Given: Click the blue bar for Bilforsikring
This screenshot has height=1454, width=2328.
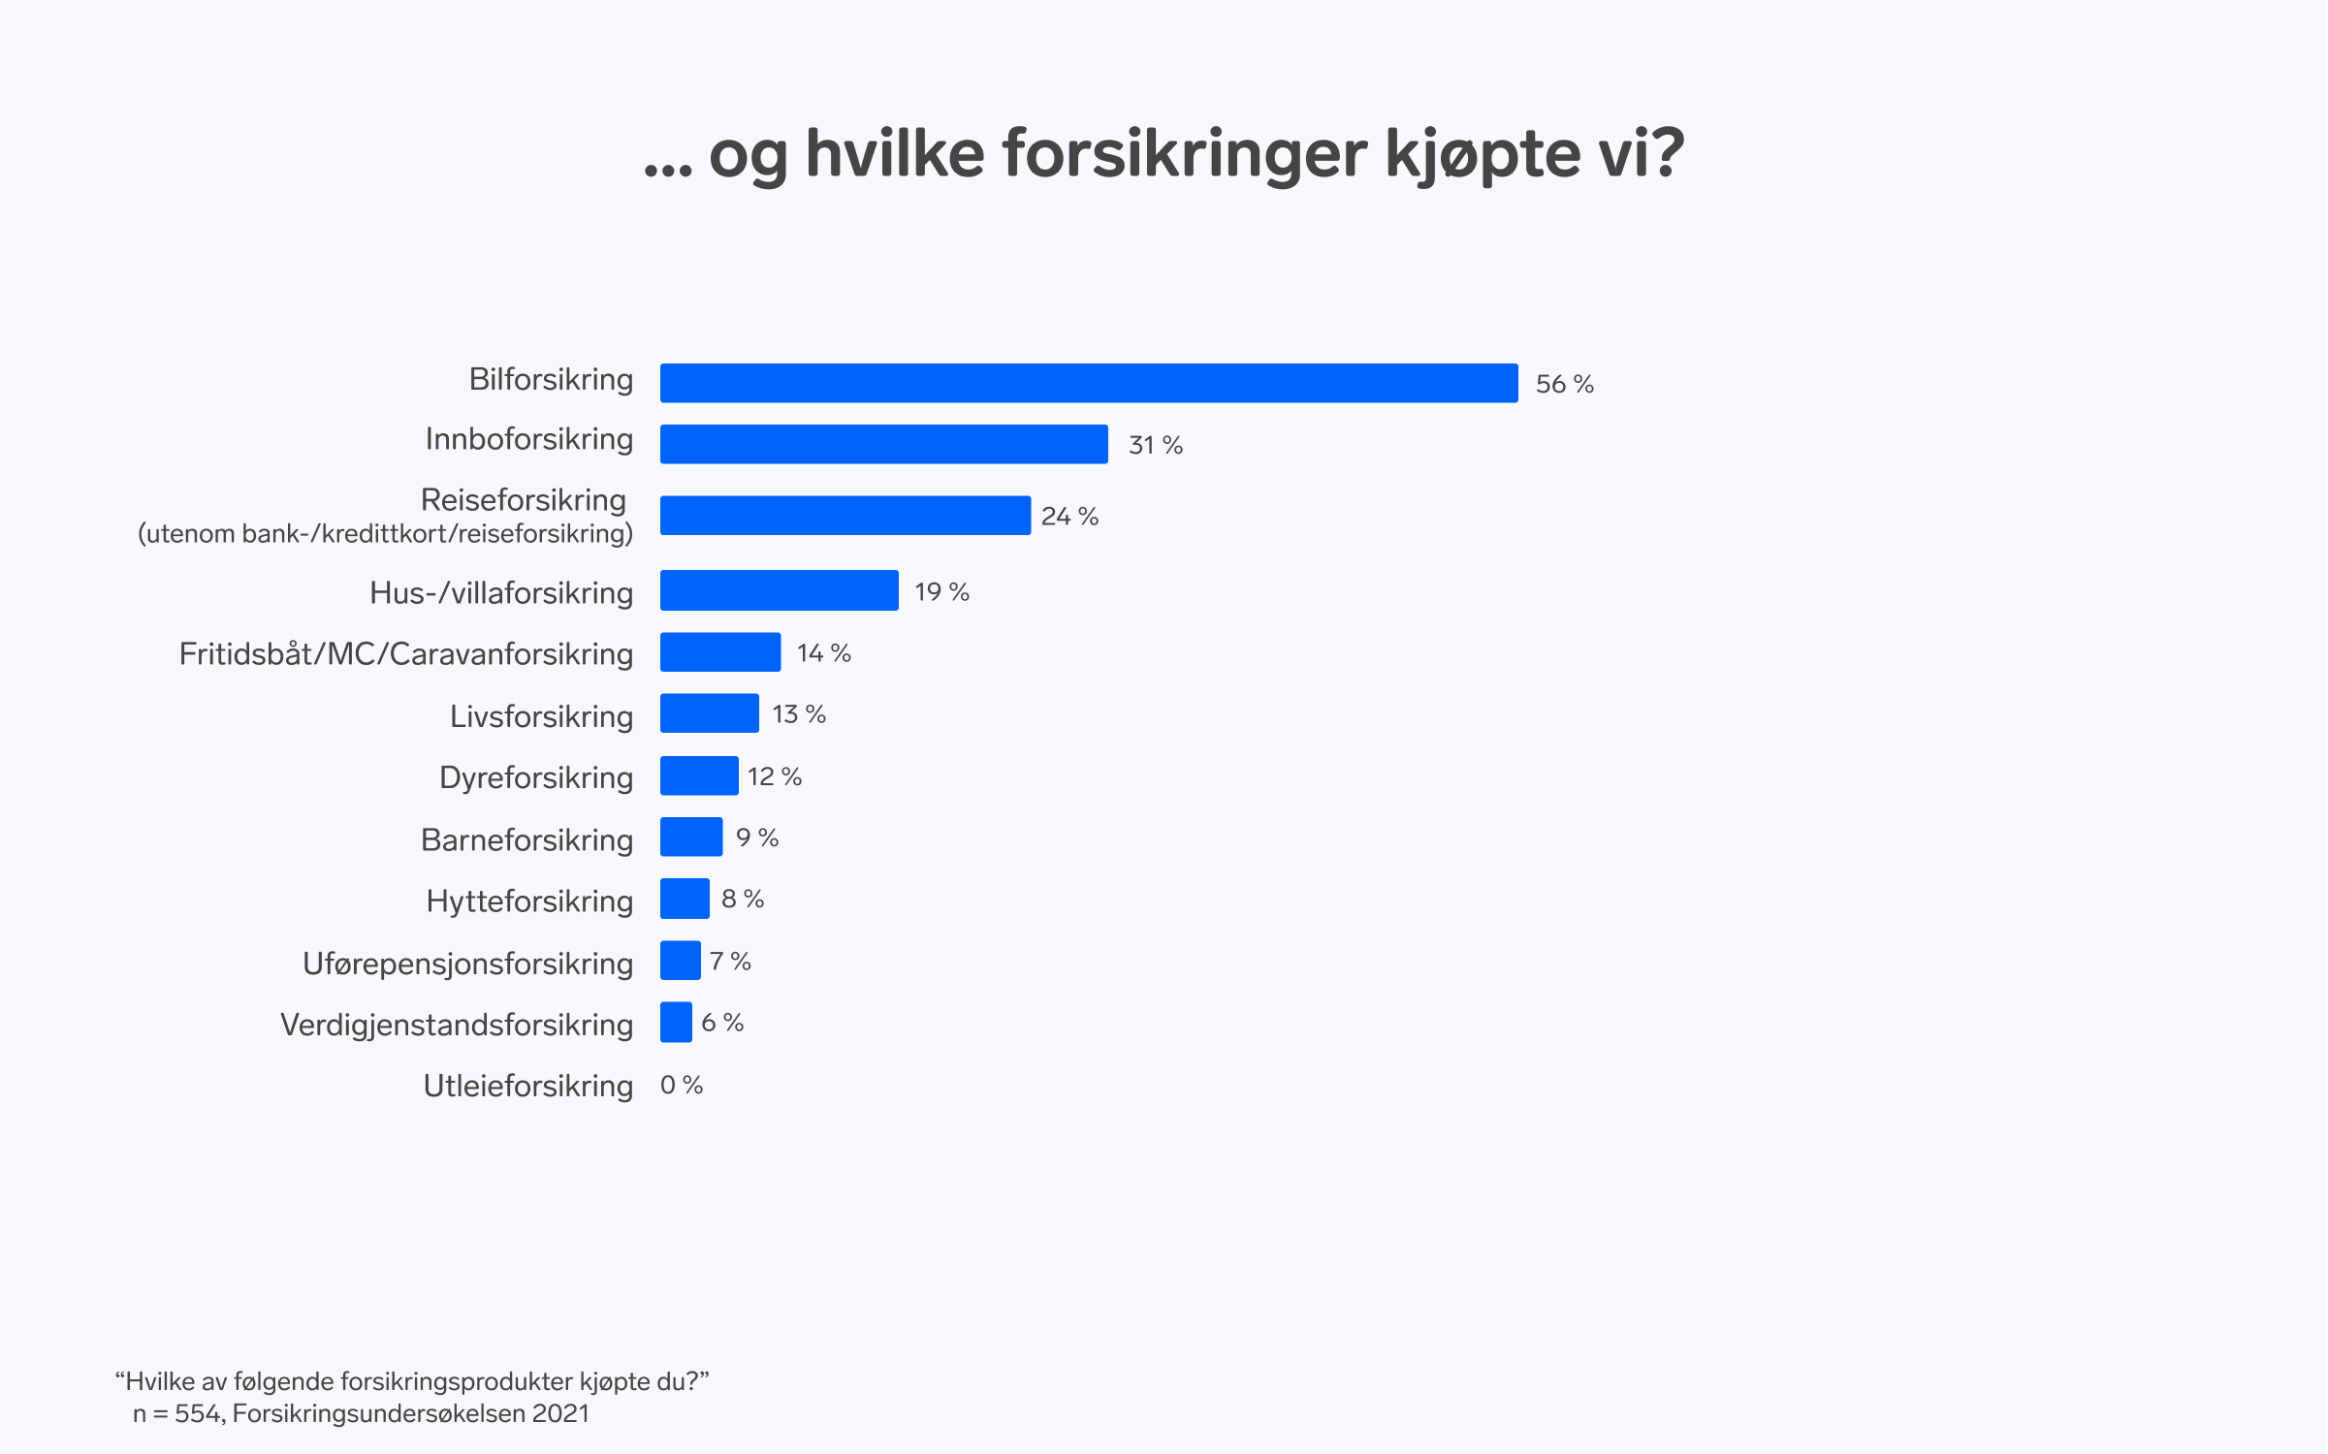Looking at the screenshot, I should tap(1088, 383).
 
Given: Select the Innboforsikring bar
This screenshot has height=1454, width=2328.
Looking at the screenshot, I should tap(883, 444).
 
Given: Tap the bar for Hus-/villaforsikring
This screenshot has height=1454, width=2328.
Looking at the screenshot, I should tap(779, 590).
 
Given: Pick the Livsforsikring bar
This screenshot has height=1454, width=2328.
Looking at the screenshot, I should tap(709, 713).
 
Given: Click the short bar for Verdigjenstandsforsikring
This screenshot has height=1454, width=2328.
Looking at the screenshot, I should tap(676, 1022).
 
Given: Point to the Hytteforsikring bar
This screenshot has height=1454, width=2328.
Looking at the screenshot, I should tap(685, 899).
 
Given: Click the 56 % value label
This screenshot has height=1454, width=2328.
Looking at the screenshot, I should tap(1564, 385).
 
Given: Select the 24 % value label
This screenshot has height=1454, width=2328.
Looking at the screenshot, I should tap(1069, 517).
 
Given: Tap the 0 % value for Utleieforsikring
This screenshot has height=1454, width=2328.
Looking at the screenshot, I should tap(682, 1085).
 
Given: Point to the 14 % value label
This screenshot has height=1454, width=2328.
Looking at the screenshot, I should tap(823, 653).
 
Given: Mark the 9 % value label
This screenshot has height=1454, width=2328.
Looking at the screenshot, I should tap(757, 838).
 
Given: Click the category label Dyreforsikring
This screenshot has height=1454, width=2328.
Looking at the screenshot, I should tap(535, 777).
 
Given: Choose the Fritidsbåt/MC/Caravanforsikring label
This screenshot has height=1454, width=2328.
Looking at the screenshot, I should tap(405, 654).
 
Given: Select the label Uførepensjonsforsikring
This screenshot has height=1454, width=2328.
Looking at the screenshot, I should tap(467, 964).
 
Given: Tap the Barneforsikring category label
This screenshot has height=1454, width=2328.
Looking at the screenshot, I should tap(526, 839).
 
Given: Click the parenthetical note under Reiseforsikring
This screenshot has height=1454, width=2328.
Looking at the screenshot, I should tap(385, 534).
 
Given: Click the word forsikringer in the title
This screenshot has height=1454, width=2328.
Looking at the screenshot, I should tap(1184, 155).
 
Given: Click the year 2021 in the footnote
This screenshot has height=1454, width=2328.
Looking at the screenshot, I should tap(560, 1414).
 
